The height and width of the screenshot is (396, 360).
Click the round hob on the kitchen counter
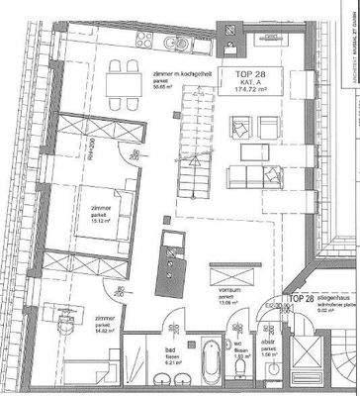pyautogui.click(x=175, y=45)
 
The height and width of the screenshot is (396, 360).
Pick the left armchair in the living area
pyautogui.click(x=238, y=126)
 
